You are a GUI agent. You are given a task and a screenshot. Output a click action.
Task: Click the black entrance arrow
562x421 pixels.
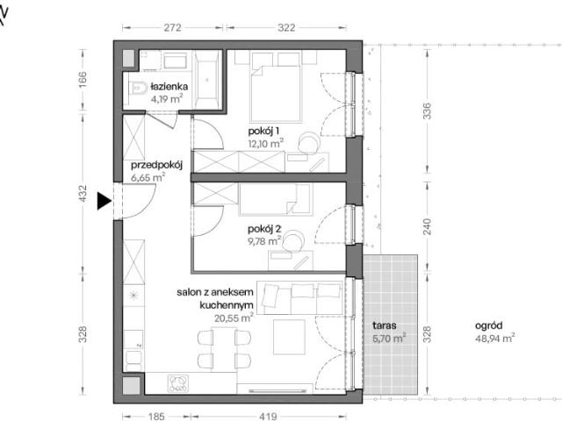click(x=104, y=201)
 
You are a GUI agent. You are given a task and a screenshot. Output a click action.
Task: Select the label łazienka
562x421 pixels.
click(x=169, y=87)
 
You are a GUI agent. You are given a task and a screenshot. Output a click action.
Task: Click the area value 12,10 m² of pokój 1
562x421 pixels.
click(x=265, y=144)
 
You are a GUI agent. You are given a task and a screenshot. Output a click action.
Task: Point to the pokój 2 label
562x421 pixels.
click(x=264, y=229)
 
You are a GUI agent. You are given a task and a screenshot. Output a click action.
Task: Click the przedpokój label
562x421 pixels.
click(x=157, y=165)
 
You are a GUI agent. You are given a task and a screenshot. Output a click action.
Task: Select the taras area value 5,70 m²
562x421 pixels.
click(x=389, y=338)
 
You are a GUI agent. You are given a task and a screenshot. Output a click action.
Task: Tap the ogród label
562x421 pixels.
click(x=488, y=325)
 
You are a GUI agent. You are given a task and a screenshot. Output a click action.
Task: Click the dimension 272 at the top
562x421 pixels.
click(x=172, y=27)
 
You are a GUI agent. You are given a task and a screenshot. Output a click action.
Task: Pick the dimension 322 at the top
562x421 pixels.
click(x=286, y=27)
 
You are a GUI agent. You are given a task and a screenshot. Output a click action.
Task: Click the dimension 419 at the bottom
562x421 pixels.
click(x=268, y=417)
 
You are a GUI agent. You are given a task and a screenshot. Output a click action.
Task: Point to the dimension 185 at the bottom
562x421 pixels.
click(x=156, y=417)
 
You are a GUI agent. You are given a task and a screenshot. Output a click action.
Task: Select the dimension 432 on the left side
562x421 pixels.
click(x=83, y=193)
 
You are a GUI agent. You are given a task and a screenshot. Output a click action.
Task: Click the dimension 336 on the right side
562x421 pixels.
click(x=428, y=111)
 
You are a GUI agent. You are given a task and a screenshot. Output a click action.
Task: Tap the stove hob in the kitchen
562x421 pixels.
click(x=178, y=383)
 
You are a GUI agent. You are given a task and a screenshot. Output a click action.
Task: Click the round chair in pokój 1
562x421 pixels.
click(x=308, y=142)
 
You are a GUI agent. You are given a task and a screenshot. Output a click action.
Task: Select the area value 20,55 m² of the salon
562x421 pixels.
click(x=234, y=318)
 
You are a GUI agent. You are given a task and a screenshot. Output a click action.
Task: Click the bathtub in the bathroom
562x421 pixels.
click(x=207, y=79)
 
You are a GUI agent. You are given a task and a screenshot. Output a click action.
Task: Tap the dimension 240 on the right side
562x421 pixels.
click(x=428, y=226)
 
